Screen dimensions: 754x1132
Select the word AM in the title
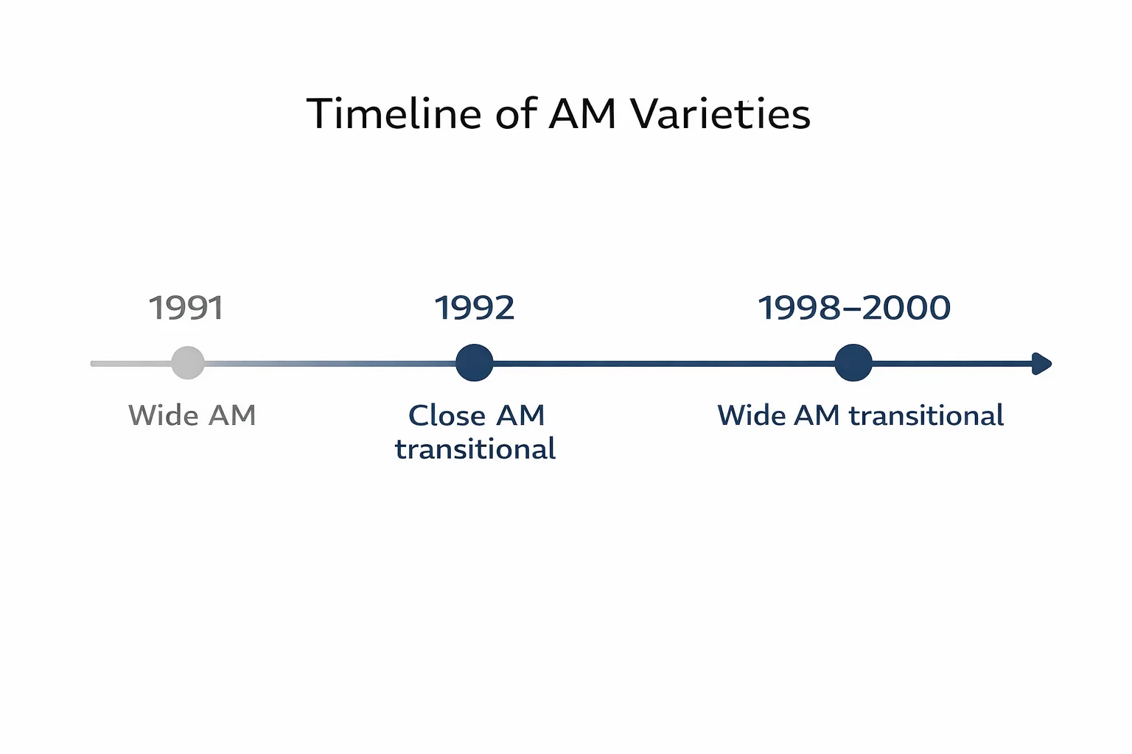coord(582,114)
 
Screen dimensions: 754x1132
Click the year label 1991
coord(186,308)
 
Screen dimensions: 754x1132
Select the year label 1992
coord(474,308)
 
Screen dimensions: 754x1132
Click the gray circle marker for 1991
coord(188,363)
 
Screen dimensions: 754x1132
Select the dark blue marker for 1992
coord(474,363)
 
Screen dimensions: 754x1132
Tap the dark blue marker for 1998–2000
coord(853,363)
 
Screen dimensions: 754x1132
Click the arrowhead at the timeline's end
coord(1041,364)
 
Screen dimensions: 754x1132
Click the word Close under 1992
coord(446,415)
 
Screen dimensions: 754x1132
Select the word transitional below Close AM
coord(475,449)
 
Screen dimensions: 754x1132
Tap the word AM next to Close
coord(520,415)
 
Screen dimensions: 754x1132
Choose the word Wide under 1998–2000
coord(752,415)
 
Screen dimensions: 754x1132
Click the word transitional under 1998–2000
coord(926,415)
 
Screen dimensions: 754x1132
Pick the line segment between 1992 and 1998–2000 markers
coord(663,364)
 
